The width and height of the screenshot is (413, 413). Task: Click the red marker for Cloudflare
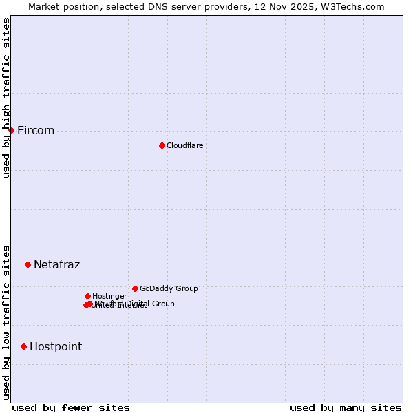(162, 145)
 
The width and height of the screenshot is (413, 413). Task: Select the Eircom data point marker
(11, 130)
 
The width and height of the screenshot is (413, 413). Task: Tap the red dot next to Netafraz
(28, 264)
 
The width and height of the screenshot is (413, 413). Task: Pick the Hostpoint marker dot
(23, 346)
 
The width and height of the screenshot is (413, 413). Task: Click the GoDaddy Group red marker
(135, 288)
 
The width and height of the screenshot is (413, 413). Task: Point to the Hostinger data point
(87, 296)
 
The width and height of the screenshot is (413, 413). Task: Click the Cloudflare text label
(184, 145)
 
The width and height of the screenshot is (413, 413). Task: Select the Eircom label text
(36, 131)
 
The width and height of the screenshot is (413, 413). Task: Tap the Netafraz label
(56, 265)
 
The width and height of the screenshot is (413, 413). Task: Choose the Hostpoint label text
(55, 347)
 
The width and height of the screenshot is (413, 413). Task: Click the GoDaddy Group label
(169, 288)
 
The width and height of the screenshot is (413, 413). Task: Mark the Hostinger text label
(109, 296)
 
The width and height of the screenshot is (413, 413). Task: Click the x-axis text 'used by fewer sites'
(71, 407)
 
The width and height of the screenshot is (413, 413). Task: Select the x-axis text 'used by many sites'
(346, 407)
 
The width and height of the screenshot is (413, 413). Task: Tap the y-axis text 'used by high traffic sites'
(6, 98)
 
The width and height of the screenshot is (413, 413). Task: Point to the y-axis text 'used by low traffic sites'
(6, 321)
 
